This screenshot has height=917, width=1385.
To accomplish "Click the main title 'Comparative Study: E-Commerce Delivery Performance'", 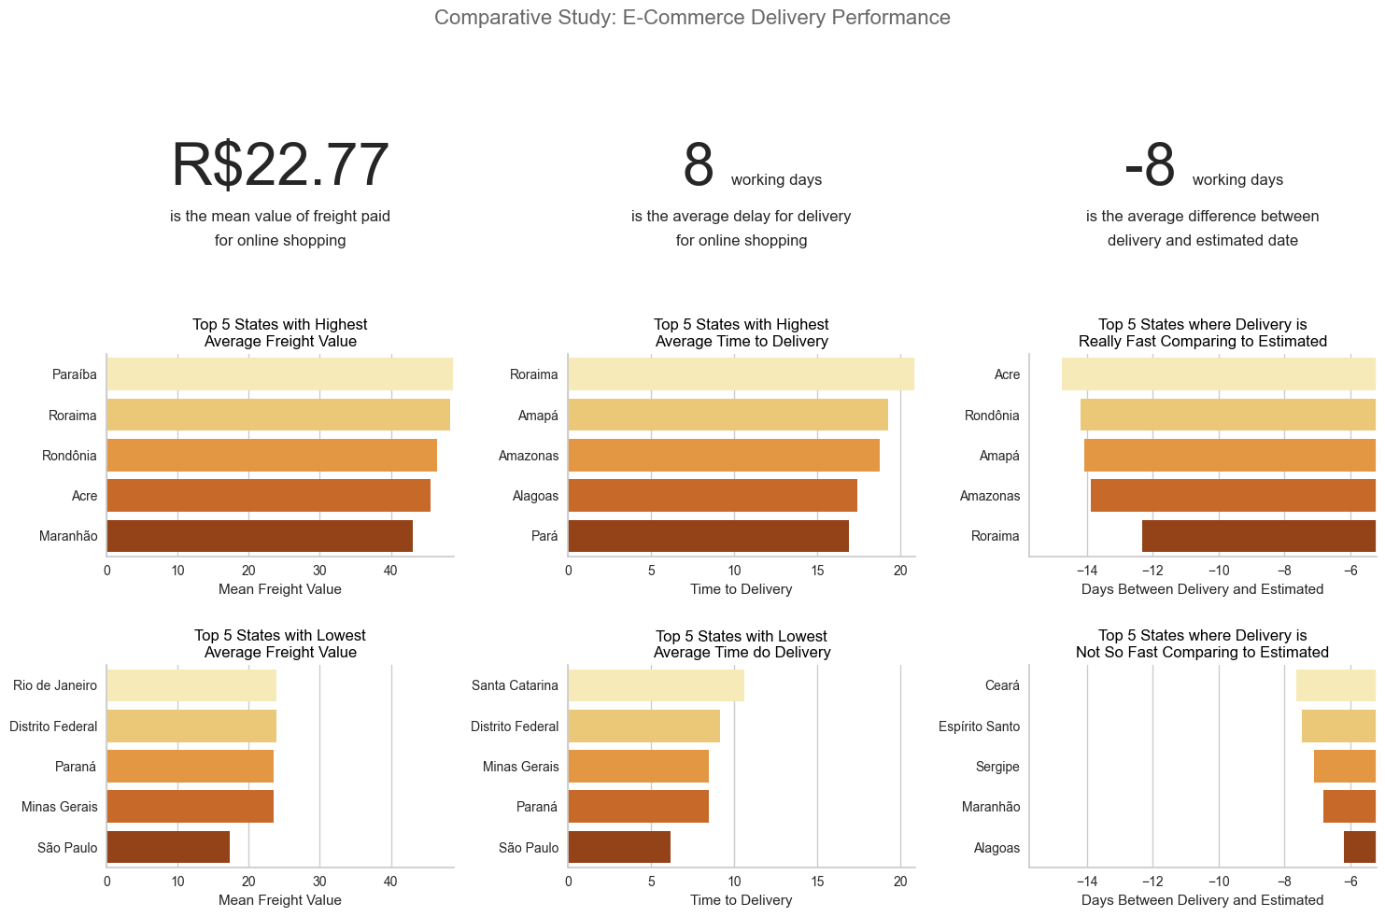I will click(692, 18).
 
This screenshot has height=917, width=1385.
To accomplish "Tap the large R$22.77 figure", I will click(279, 166).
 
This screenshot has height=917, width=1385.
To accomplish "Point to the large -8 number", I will click(1150, 166).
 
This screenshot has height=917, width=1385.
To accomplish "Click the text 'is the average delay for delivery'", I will click(741, 217).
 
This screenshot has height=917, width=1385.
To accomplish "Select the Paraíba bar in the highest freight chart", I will click(279, 374).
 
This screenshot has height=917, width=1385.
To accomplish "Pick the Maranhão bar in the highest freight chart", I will click(260, 537).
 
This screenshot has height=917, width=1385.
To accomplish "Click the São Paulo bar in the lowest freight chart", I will click(168, 848).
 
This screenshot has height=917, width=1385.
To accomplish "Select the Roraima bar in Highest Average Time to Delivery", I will click(741, 374).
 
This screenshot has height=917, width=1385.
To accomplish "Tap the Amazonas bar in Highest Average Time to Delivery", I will click(724, 456).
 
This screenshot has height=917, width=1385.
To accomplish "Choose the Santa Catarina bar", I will click(656, 685).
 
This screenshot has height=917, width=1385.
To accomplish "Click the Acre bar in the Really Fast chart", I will click(1218, 374).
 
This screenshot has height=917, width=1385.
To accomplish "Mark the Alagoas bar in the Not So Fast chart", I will click(1359, 848).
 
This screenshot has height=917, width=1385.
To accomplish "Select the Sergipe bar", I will click(1344, 767).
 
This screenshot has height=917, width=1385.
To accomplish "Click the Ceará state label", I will click(1002, 685).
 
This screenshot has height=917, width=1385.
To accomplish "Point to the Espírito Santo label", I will click(979, 727).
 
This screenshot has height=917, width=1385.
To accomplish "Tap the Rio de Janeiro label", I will click(55, 685).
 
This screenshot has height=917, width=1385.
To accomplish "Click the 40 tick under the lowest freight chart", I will click(390, 882).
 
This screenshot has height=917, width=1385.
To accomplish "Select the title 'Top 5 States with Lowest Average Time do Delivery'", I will click(741, 644).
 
